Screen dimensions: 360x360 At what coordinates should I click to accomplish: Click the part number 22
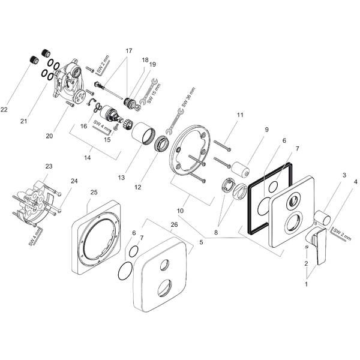click(4, 110)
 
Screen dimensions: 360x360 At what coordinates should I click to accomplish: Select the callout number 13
click(121, 177)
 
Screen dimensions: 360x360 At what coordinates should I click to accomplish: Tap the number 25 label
click(94, 192)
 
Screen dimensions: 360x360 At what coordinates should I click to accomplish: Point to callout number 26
click(174, 224)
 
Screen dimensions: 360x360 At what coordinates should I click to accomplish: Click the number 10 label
click(180, 211)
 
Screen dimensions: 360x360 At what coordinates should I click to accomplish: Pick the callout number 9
click(266, 130)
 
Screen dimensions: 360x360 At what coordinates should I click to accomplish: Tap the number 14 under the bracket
click(88, 158)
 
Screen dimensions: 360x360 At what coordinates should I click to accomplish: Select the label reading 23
click(49, 166)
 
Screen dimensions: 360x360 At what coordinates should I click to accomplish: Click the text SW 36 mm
click(188, 97)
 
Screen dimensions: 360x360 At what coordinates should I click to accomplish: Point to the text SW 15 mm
click(154, 93)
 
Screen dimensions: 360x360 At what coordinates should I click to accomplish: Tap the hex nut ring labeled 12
click(163, 143)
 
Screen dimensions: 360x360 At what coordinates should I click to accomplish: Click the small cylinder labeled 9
click(240, 169)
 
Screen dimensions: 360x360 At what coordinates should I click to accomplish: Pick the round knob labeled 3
click(322, 217)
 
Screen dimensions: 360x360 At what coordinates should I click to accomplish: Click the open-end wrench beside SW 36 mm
click(175, 121)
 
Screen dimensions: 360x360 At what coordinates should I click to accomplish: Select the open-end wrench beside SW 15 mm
click(149, 92)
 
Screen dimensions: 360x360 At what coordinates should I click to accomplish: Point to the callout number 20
click(49, 136)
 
